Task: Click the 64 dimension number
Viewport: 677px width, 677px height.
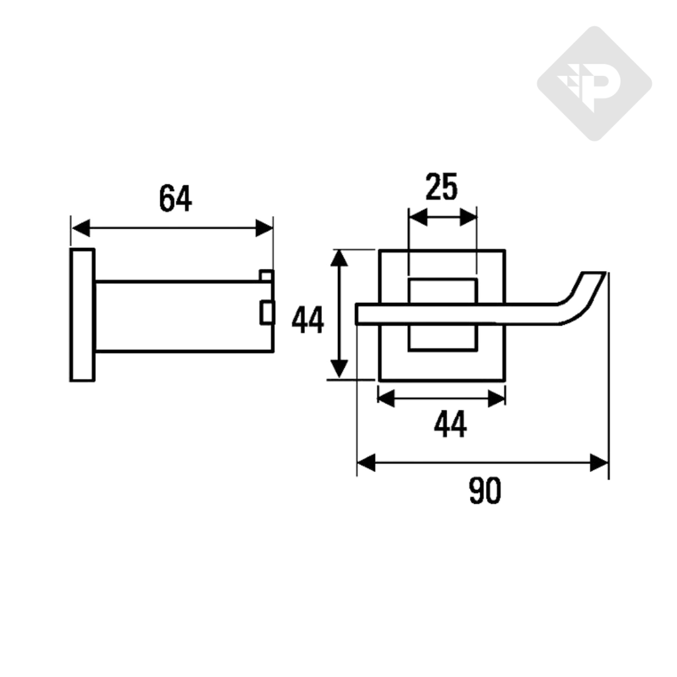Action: pyautogui.click(x=175, y=199)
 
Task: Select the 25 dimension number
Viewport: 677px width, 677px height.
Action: pyautogui.click(x=442, y=188)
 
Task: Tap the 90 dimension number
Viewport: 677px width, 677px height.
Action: pyautogui.click(x=485, y=491)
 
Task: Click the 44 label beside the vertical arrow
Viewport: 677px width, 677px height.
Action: pyautogui.click(x=308, y=322)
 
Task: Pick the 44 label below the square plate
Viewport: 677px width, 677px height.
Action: pyautogui.click(x=450, y=424)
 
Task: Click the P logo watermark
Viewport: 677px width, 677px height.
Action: pyautogui.click(x=594, y=84)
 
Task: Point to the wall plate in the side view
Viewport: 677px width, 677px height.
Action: pyautogui.click(x=82, y=315)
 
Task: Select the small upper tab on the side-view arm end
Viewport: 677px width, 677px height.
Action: pyautogui.click(x=266, y=275)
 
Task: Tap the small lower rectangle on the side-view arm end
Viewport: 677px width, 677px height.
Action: pyautogui.click(x=267, y=312)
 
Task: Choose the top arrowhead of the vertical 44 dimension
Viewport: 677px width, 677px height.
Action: pyautogui.click(x=339, y=259)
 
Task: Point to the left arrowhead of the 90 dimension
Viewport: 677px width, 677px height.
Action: pyautogui.click(x=366, y=463)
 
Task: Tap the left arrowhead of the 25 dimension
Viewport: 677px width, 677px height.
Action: pyautogui.click(x=417, y=217)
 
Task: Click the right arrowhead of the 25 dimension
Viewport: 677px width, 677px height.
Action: pyautogui.click(x=469, y=217)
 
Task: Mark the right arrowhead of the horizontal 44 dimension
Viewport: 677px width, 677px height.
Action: pyautogui.click(x=497, y=398)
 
